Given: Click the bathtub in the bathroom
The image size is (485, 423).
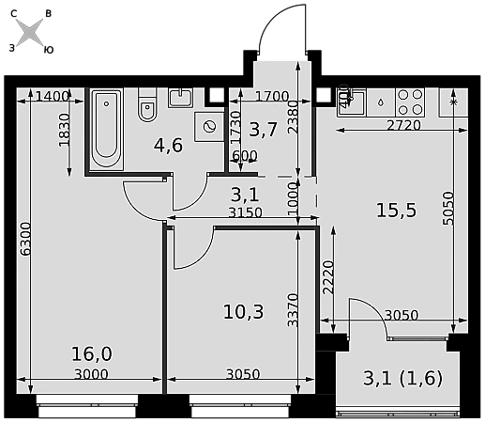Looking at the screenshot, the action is [106, 129].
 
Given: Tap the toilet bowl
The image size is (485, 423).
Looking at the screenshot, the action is [147, 105].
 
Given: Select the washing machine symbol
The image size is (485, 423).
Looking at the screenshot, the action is [209, 127].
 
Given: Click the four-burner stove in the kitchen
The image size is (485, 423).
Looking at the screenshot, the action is [410, 102].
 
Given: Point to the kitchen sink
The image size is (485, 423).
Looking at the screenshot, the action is [351, 102].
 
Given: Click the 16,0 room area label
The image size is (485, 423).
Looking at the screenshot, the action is [92, 354].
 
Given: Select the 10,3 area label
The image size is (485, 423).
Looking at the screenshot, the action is [244, 312].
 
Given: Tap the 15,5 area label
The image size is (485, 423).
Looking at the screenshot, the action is [396, 210].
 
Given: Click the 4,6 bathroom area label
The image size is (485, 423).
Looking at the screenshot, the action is [168, 146].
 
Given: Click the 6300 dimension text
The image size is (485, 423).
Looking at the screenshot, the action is [24, 239].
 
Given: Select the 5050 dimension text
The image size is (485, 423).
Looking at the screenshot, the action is [448, 209].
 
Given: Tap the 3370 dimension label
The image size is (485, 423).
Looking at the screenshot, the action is [293, 310].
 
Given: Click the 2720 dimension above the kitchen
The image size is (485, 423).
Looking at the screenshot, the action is [403, 125].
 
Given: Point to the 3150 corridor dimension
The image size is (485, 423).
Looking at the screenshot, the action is [245, 212].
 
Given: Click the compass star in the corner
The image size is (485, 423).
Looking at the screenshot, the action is [29, 32].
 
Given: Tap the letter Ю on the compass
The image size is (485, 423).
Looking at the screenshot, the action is [49, 50].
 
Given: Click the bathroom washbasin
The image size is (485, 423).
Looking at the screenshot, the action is [181, 98].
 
